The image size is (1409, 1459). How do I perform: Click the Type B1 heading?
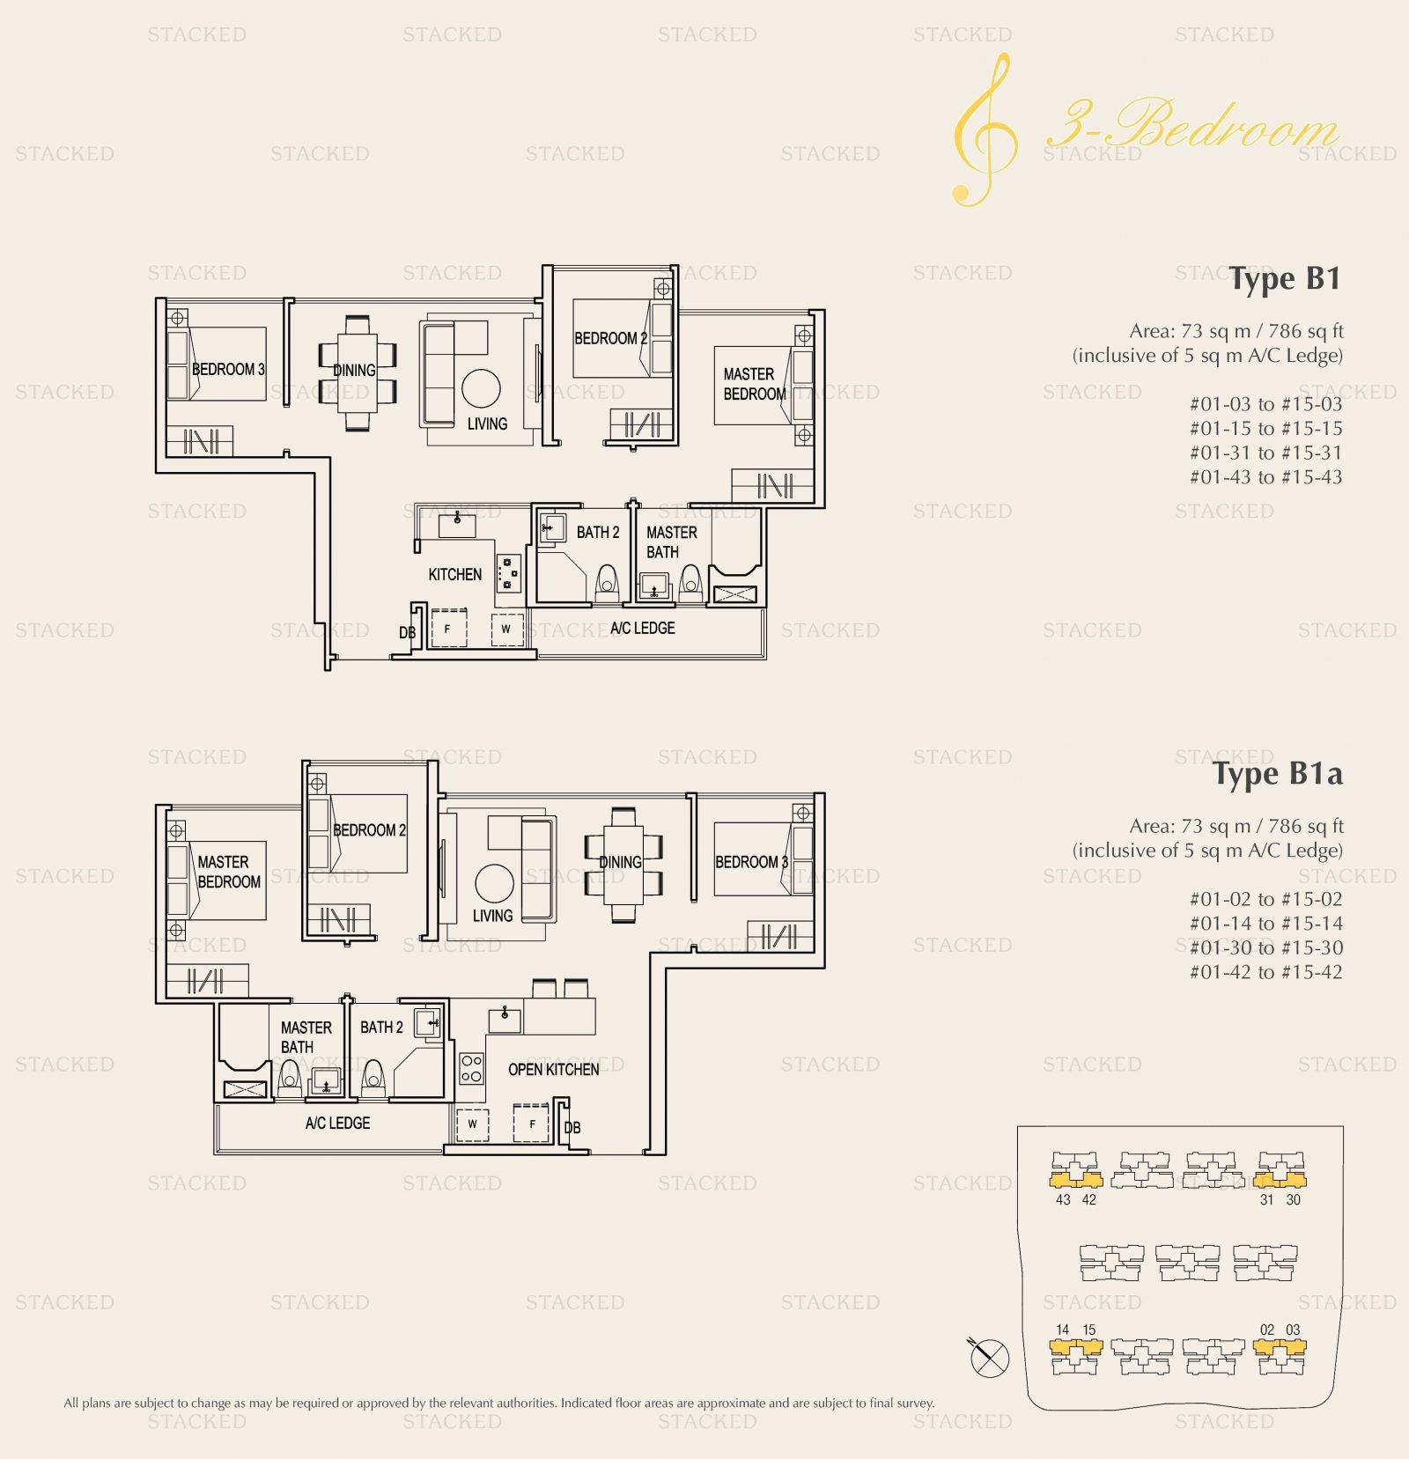(1285, 279)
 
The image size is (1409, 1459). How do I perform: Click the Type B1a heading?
(1278, 773)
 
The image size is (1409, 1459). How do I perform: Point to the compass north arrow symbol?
(988, 1357)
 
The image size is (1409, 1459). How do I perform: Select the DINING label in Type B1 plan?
(354, 371)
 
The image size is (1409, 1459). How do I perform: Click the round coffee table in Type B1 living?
(481, 387)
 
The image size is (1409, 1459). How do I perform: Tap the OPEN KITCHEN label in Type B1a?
(553, 1069)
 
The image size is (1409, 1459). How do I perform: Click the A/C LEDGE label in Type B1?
(643, 628)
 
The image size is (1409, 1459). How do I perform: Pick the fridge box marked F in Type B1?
(448, 629)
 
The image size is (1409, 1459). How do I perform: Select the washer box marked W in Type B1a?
(473, 1124)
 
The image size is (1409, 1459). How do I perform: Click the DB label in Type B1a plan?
(572, 1128)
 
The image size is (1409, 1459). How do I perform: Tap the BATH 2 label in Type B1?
(598, 533)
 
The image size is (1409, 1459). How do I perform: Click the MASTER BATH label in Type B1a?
(306, 1037)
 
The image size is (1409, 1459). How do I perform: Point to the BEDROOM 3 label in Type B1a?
(751, 862)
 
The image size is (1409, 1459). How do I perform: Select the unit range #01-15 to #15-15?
(1266, 429)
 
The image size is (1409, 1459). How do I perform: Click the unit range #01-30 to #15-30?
(1266, 948)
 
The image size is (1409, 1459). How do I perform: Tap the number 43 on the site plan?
(1063, 1200)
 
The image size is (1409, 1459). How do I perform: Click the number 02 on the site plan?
(1267, 1330)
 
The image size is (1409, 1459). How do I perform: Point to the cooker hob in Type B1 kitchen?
(508, 572)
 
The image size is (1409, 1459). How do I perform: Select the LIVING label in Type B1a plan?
(492, 916)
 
